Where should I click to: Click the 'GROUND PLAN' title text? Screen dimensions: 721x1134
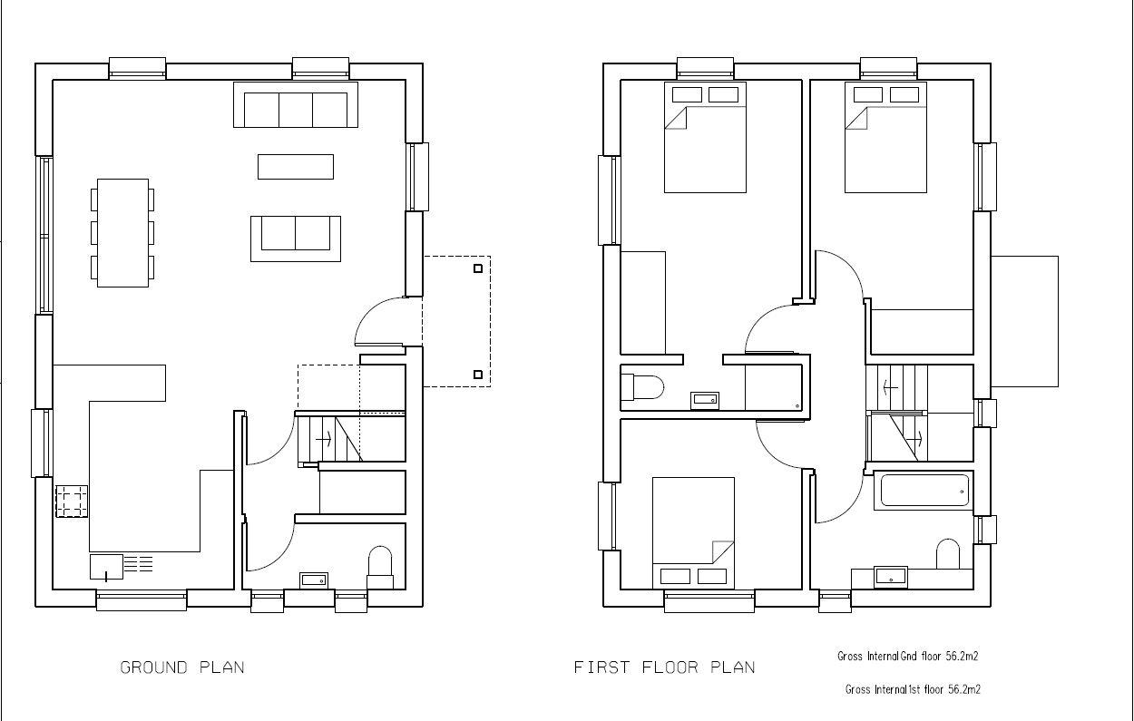click(x=182, y=667)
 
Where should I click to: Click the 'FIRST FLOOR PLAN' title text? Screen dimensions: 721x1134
click(x=664, y=667)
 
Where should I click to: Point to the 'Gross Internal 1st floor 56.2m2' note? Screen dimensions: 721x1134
click(x=913, y=689)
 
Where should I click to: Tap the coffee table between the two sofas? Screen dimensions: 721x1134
click(x=296, y=167)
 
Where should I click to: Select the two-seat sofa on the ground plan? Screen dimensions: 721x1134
click(x=296, y=237)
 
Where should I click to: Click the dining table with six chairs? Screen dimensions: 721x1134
click(x=122, y=233)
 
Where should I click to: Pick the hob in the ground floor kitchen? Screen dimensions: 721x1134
click(x=73, y=502)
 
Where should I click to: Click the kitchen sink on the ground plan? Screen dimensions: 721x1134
click(x=106, y=567)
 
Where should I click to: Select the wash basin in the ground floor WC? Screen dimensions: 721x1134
click(x=315, y=579)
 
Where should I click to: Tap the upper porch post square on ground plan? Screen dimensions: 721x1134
click(x=478, y=268)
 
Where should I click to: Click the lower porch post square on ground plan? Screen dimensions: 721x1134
click(x=478, y=374)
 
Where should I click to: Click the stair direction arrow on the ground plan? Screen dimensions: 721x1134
click(x=322, y=439)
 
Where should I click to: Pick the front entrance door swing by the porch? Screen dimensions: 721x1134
click(x=376, y=322)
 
